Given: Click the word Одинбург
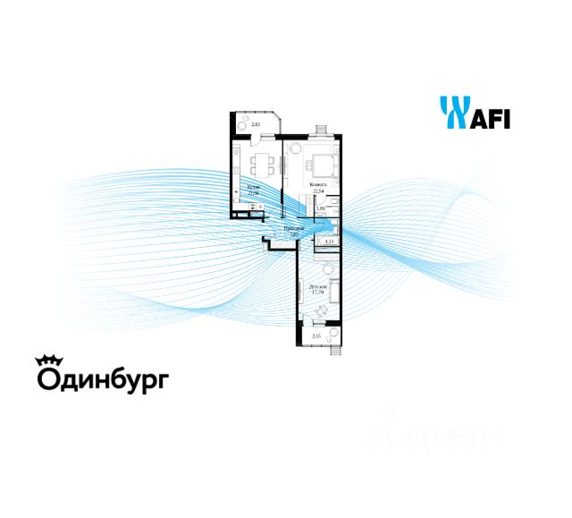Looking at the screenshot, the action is click(x=102, y=379).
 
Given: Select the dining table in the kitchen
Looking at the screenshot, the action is click(x=261, y=164).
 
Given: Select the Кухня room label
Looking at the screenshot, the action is click(x=253, y=186).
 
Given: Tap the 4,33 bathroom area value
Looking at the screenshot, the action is click(x=328, y=241).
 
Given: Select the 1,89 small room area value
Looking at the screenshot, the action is click(x=322, y=208).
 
